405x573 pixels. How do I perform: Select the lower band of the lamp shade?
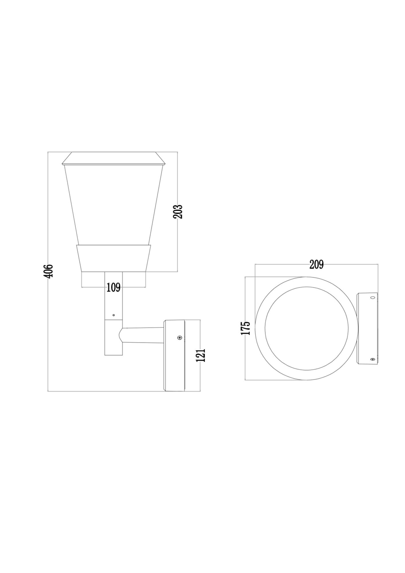[113, 258]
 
